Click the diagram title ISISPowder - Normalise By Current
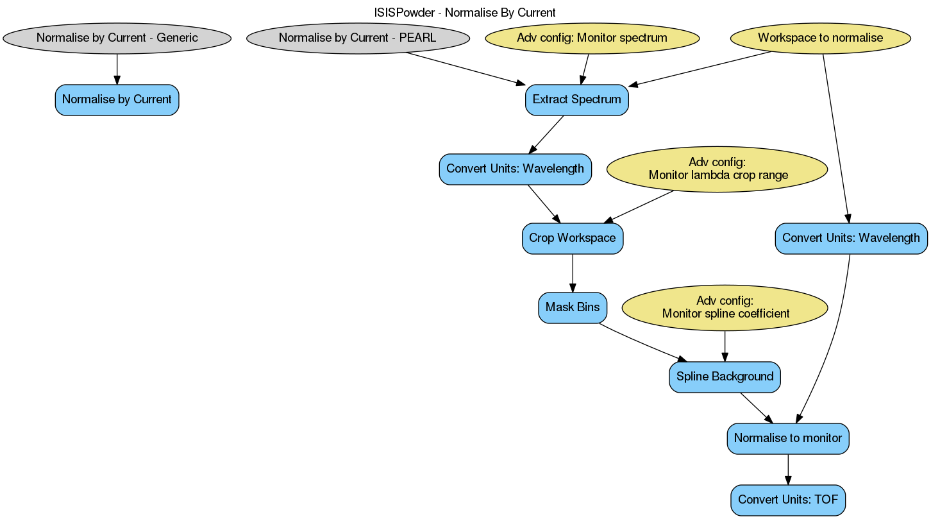tap(465, 12)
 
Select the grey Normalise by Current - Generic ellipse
tap(117, 38)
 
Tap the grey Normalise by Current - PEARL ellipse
tap(358, 38)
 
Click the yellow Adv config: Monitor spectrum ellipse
tap(592, 38)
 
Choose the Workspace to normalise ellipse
tap(820, 38)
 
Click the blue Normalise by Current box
tap(117, 100)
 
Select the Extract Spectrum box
tap(576, 100)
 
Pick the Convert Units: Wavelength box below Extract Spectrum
tap(515, 169)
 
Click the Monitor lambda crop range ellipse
tap(716, 169)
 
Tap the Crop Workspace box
tap(572, 239)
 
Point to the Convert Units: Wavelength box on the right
tap(851, 239)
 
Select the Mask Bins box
tap(572, 308)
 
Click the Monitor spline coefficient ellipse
tap(725, 308)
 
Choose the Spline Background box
tap(725, 377)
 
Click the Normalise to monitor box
tap(787, 439)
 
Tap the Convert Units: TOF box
tap(787, 500)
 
